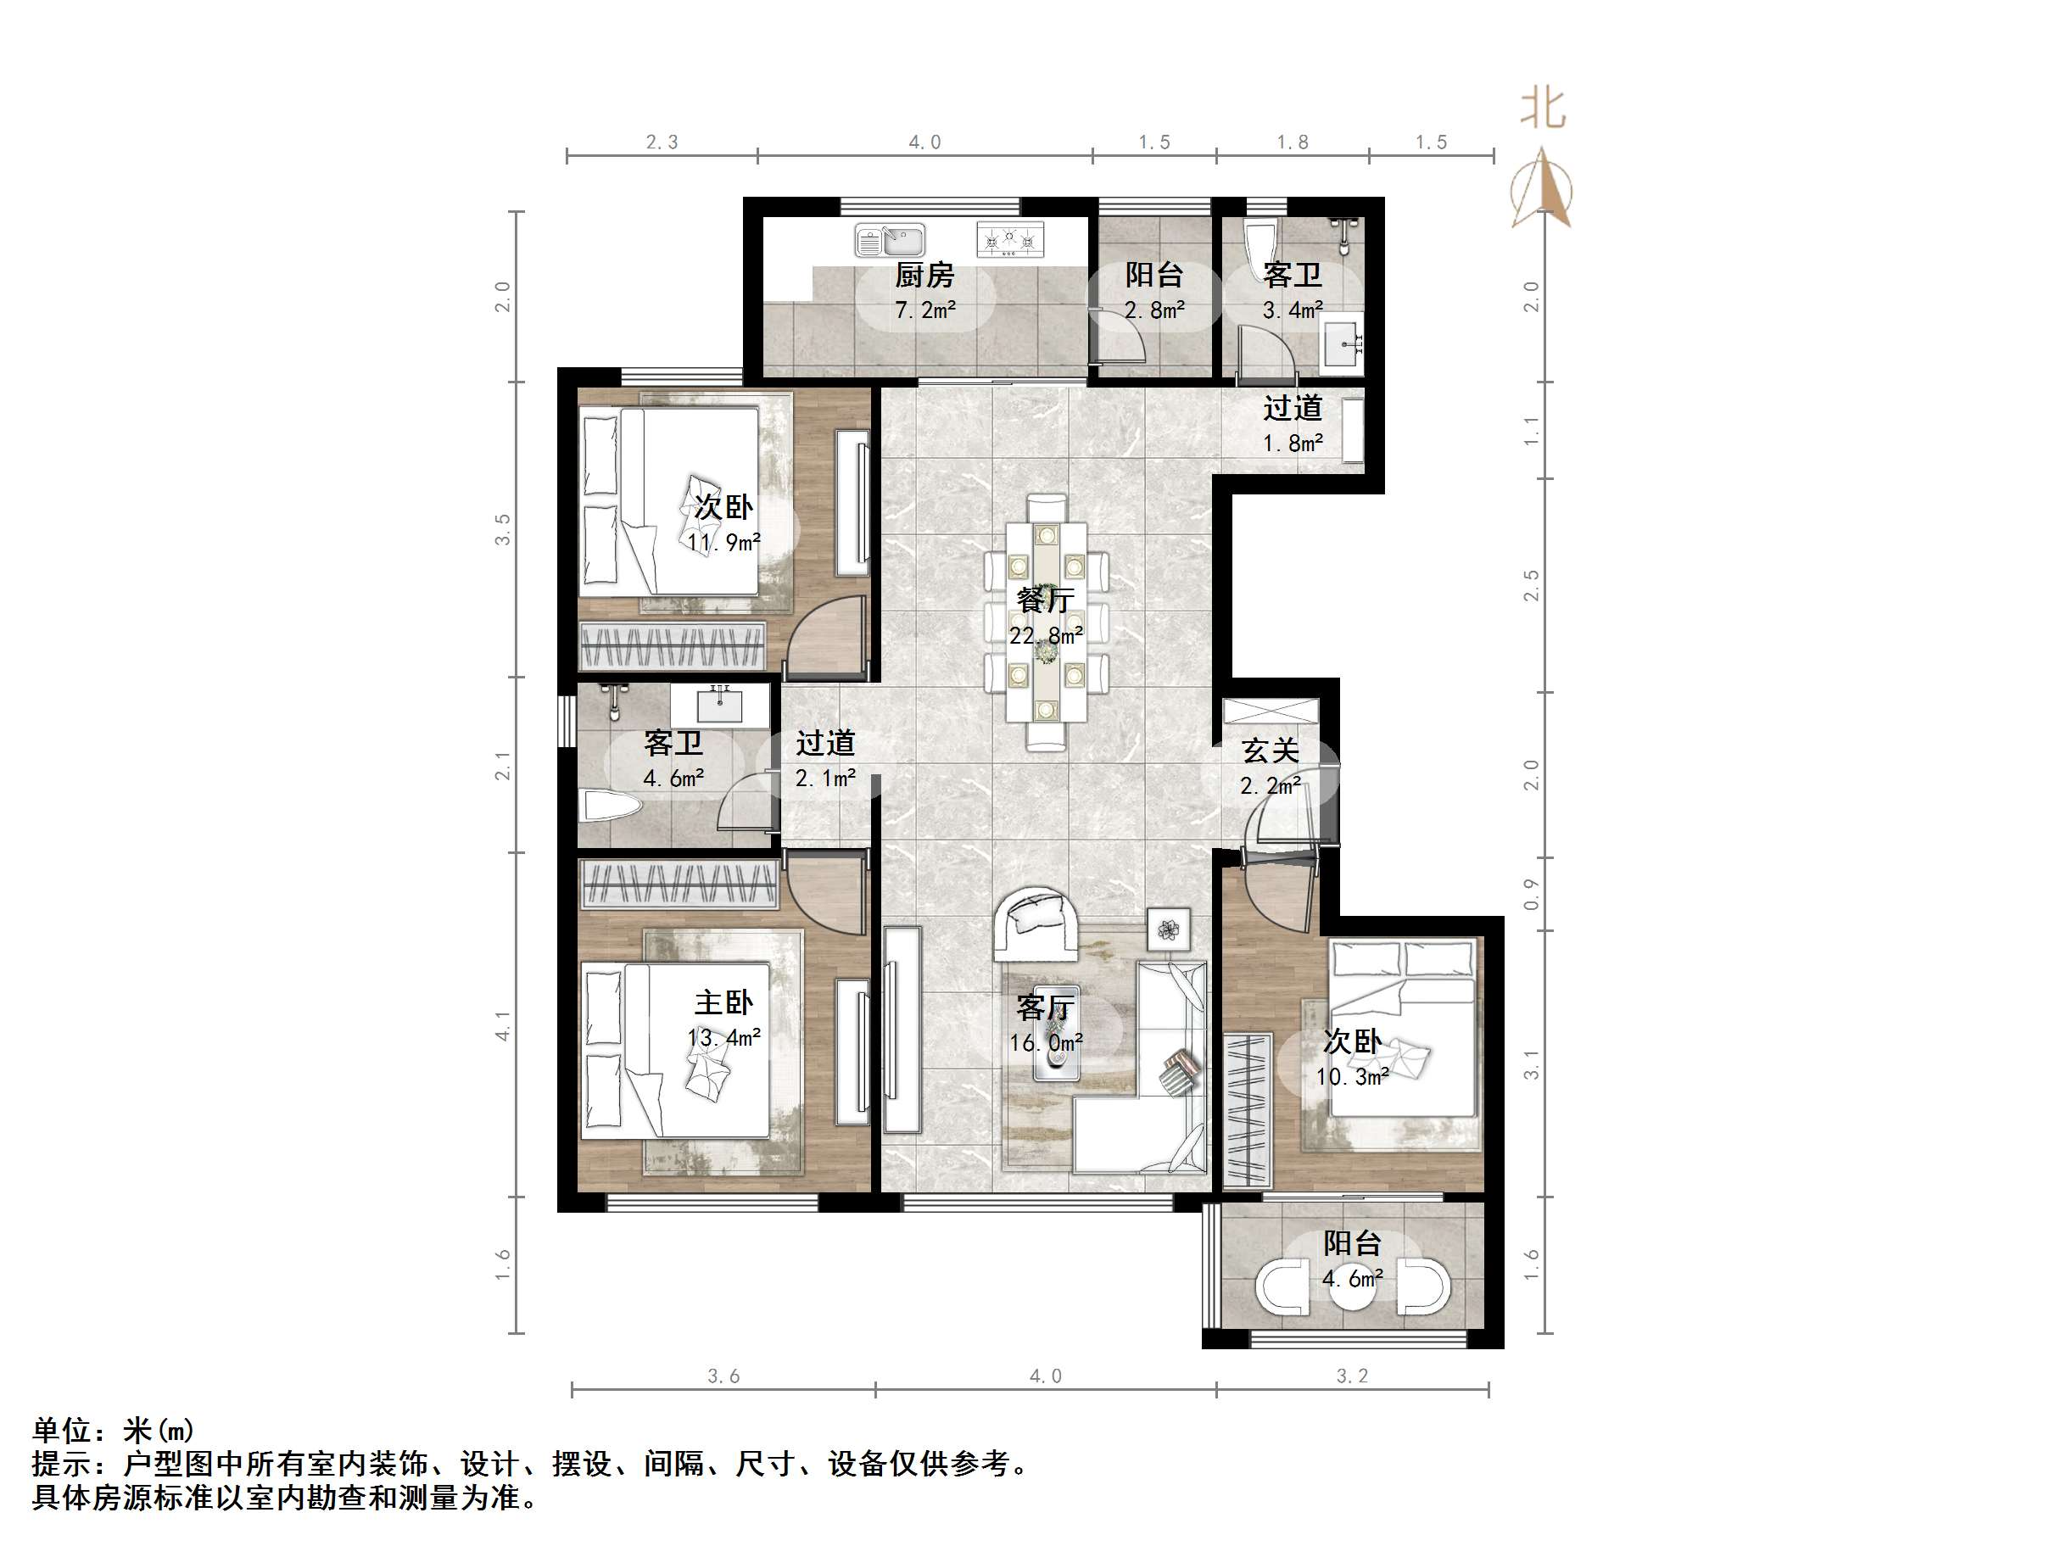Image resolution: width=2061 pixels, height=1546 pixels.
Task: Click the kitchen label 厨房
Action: [924, 276]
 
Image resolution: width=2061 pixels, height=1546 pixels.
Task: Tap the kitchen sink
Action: [890, 242]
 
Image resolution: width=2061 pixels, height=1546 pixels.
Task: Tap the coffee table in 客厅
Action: [1057, 1034]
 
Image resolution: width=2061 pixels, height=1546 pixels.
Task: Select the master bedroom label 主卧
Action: [723, 1002]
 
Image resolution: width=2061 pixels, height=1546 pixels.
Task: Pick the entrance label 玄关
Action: [1270, 751]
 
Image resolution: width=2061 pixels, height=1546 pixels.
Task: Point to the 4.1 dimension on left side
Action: [503, 1026]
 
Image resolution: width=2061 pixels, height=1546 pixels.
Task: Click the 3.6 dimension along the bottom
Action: [723, 1376]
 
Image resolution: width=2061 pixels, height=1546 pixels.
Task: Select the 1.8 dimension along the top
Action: [1292, 142]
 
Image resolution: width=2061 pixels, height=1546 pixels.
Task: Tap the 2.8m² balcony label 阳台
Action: [1153, 275]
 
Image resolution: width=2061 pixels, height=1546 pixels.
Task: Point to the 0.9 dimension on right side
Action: [1531, 895]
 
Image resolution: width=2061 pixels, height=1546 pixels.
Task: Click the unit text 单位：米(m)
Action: [114, 1431]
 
